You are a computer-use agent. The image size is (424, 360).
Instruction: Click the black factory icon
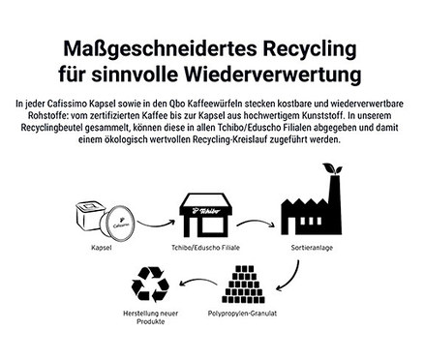click(309, 212)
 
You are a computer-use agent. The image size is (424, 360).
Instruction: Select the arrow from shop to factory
click(257, 224)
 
